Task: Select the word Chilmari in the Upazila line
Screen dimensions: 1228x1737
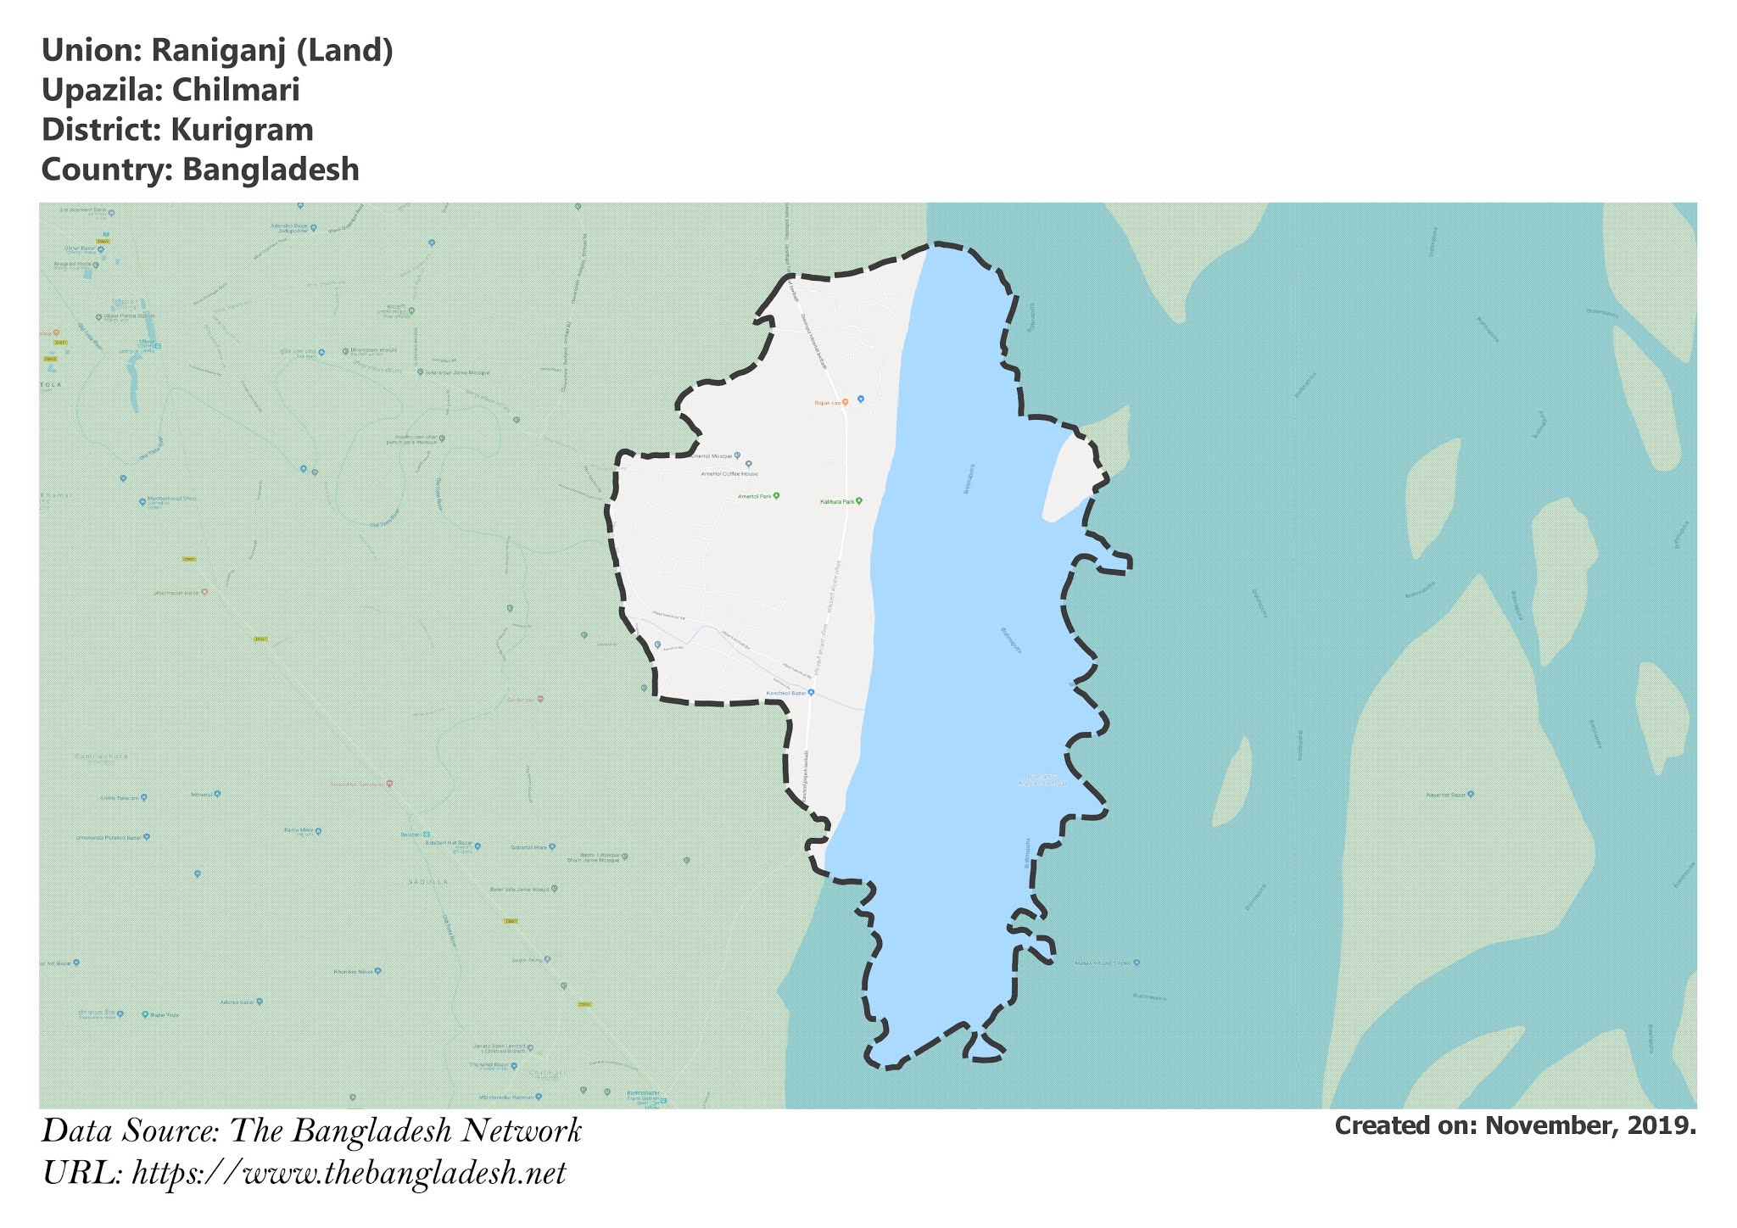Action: click(x=236, y=90)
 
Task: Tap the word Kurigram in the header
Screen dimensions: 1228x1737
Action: click(x=242, y=130)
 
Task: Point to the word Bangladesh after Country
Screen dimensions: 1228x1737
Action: click(x=271, y=170)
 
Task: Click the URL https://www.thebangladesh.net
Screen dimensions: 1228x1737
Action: click(x=349, y=1174)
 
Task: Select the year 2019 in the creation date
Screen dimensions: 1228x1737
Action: click(x=1663, y=1126)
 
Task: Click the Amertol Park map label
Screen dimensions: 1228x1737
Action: click(x=754, y=496)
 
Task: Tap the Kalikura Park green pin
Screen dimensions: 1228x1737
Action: click(x=859, y=501)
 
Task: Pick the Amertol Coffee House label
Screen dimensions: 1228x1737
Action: click(x=729, y=474)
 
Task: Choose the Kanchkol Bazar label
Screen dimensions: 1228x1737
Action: click(x=784, y=693)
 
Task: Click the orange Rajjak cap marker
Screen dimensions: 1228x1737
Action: click(x=845, y=403)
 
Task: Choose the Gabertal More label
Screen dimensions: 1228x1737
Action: click(x=529, y=846)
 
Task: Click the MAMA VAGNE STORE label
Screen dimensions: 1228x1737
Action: click(x=1103, y=963)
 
